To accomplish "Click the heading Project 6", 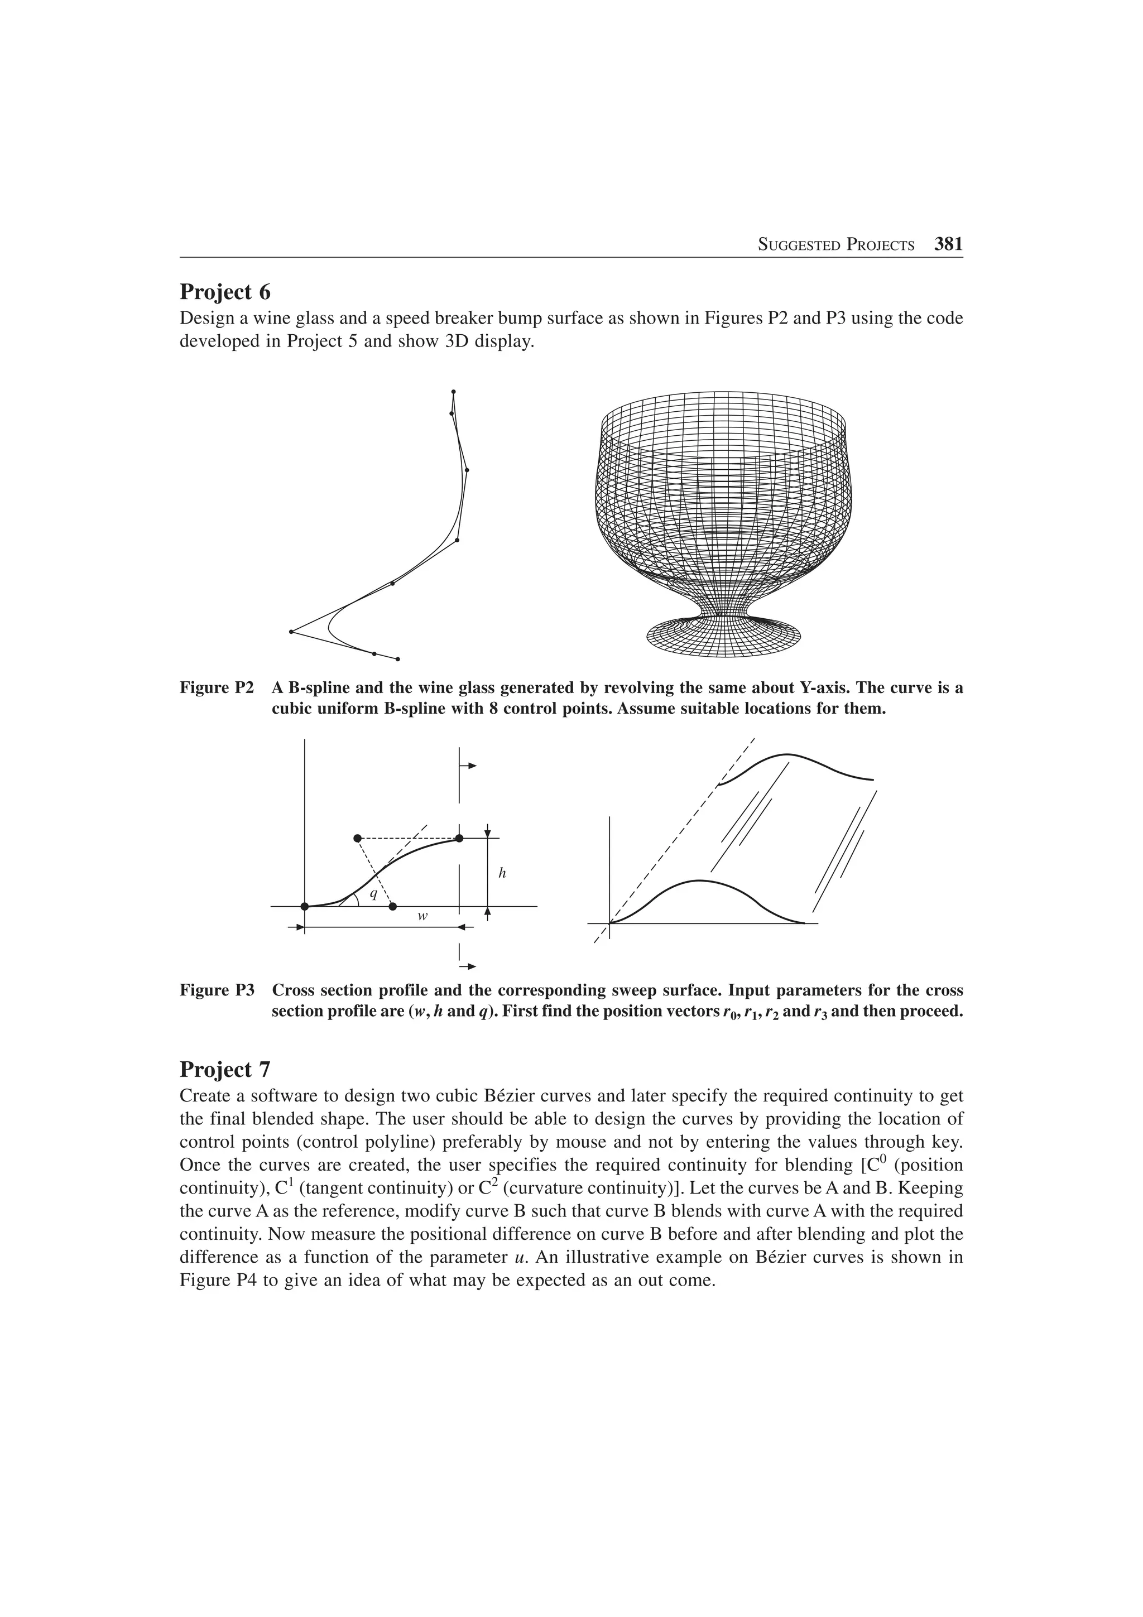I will [x=225, y=292].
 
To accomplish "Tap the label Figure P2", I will [x=216, y=687].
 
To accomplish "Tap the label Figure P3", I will [x=216, y=990].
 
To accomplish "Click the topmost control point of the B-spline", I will [x=454, y=392].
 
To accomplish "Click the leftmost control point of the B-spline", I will [x=291, y=632].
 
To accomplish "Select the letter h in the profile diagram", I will [x=502, y=873].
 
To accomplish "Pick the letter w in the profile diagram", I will [x=422, y=917].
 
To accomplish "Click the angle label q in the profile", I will [x=374, y=894].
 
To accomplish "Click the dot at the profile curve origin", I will [x=304, y=906].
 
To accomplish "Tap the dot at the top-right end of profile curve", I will [x=459, y=838].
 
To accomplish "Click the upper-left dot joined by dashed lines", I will [x=358, y=838].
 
